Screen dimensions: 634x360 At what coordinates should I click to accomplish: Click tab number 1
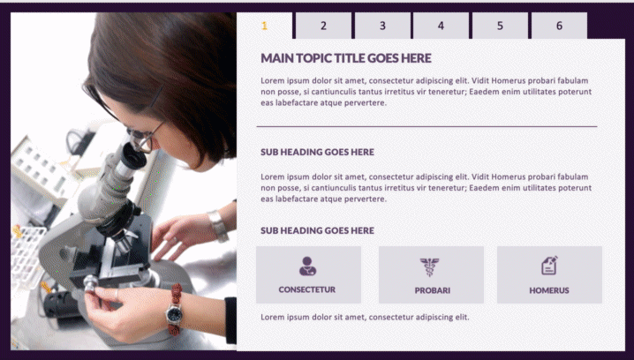(x=264, y=26)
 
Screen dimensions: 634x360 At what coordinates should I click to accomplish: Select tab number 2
(x=323, y=26)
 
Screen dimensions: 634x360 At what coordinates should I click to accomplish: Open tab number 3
(x=382, y=26)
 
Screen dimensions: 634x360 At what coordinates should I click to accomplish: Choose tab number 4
(x=442, y=26)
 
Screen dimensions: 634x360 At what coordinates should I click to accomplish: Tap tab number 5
(x=500, y=26)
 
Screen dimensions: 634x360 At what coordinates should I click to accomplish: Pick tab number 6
(x=559, y=26)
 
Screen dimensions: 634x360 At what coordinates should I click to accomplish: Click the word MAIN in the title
(x=277, y=58)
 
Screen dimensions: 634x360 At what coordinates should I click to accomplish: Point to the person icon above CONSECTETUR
(x=307, y=266)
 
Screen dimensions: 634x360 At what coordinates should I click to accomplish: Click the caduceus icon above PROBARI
(x=429, y=266)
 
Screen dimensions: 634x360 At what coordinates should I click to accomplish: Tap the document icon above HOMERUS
(x=549, y=266)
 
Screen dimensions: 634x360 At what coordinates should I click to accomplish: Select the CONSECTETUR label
(x=307, y=289)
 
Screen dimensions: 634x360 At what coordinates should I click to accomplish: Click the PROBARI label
(x=433, y=290)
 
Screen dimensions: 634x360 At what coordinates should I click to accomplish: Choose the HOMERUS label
(x=549, y=290)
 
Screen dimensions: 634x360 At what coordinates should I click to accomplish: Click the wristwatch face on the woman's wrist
(x=174, y=314)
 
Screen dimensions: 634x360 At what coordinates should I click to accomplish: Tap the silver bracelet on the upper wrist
(x=218, y=226)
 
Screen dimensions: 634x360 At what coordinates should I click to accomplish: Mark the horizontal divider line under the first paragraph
(x=426, y=126)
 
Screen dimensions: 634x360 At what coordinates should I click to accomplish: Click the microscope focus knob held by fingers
(x=91, y=283)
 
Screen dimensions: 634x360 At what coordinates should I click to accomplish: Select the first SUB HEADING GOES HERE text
(x=317, y=153)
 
